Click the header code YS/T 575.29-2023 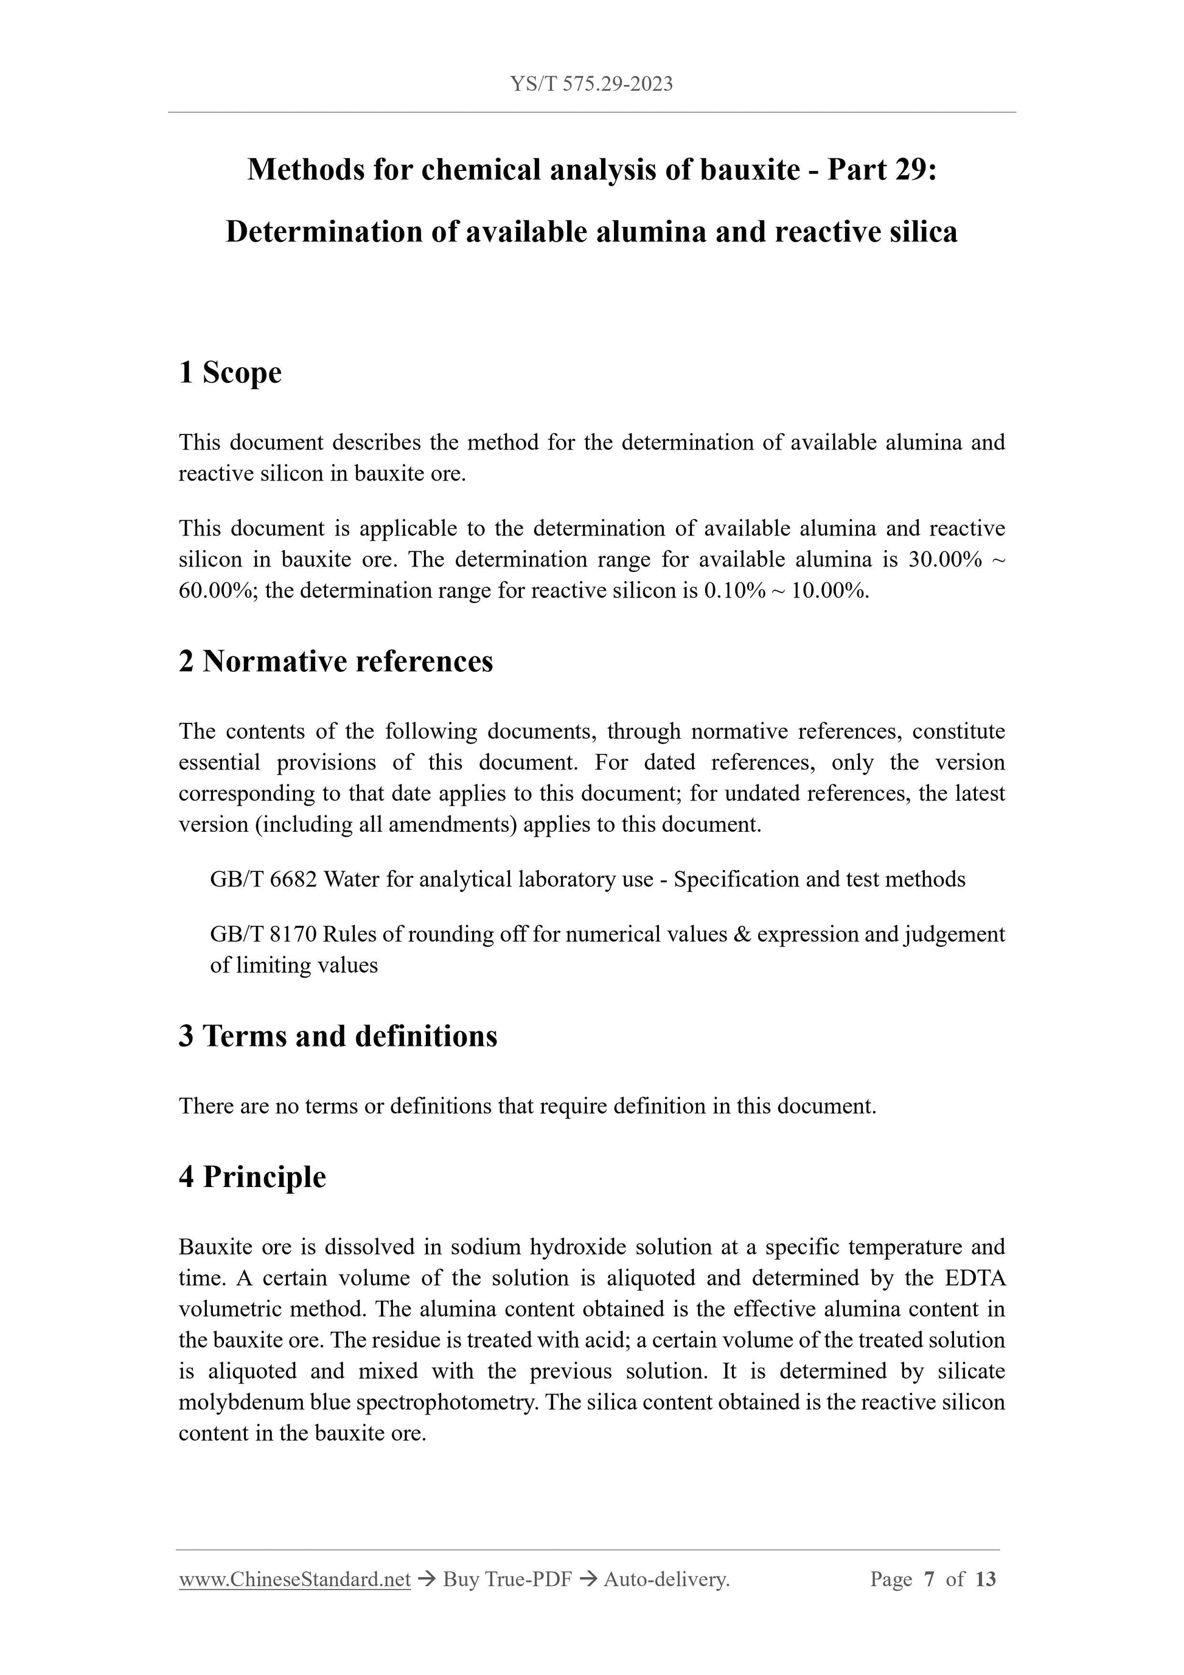click(591, 84)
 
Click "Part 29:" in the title click(881, 170)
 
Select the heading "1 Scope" click(230, 373)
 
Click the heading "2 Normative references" click(336, 662)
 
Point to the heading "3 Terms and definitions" click(338, 1036)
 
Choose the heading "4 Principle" click(252, 1177)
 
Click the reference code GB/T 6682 click(263, 880)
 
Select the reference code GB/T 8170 click(263, 935)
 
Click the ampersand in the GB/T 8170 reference click(741, 935)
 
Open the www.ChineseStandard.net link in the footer click(294, 1579)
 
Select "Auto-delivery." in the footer click(667, 1579)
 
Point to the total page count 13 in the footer click(985, 1579)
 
